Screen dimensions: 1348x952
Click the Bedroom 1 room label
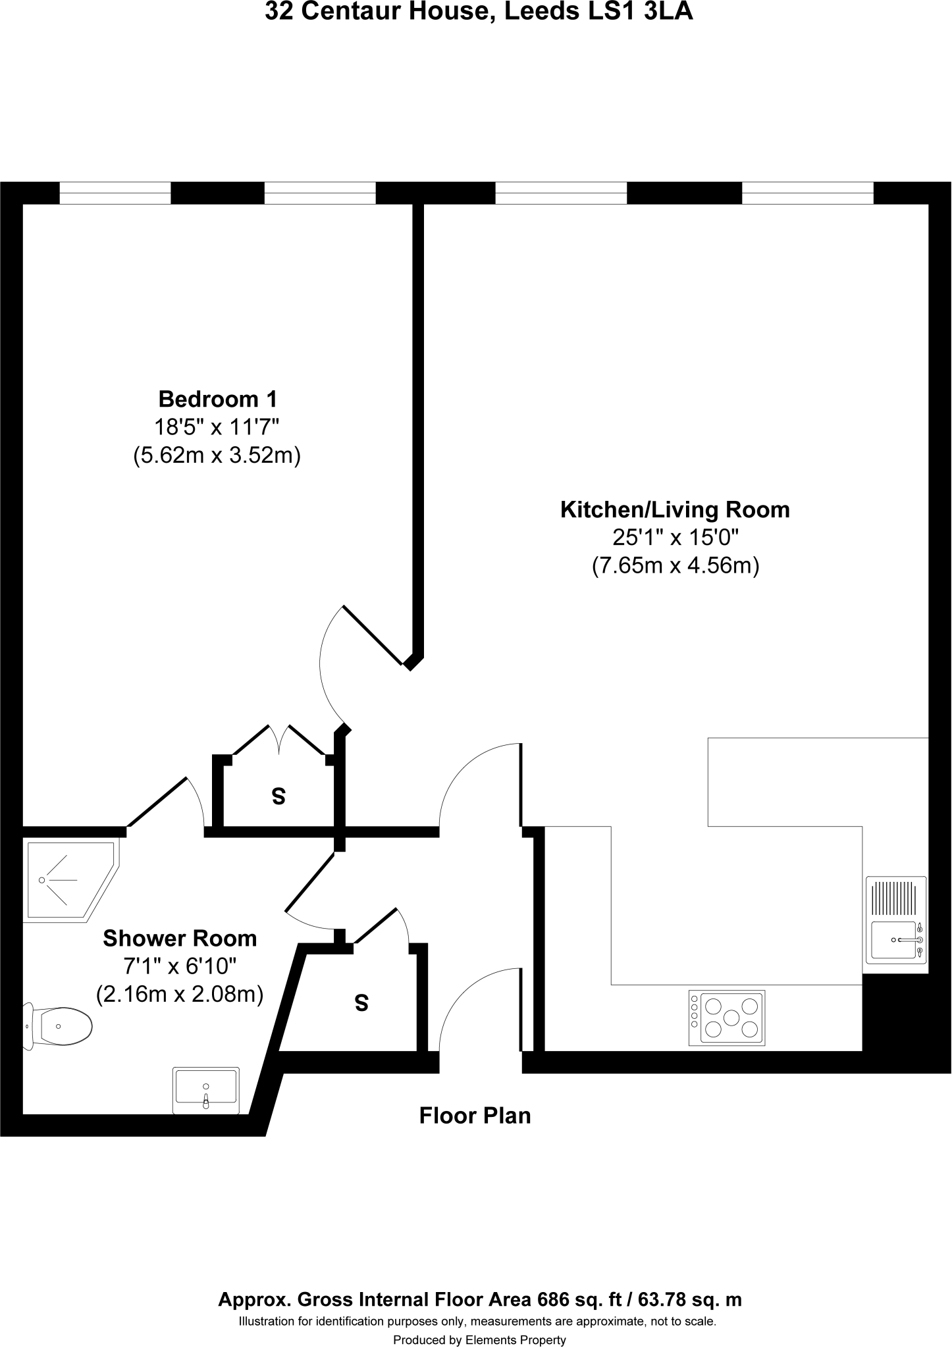tap(218, 399)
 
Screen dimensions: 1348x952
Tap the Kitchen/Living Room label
tap(675, 509)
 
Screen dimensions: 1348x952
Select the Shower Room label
tap(180, 938)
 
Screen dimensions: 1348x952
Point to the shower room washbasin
tap(206, 1090)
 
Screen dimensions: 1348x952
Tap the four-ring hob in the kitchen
tap(727, 1018)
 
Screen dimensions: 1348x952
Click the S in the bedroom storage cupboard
tap(278, 797)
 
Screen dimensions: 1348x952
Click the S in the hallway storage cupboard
tap(361, 1003)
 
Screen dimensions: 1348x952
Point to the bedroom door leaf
tap(373, 635)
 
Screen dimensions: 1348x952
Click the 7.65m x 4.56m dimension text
tap(675, 565)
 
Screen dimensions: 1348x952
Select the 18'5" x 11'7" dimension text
tap(217, 427)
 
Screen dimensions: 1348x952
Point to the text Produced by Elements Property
tap(479, 1339)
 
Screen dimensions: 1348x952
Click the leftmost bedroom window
tap(115, 193)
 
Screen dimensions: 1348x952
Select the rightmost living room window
tap(807, 193)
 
